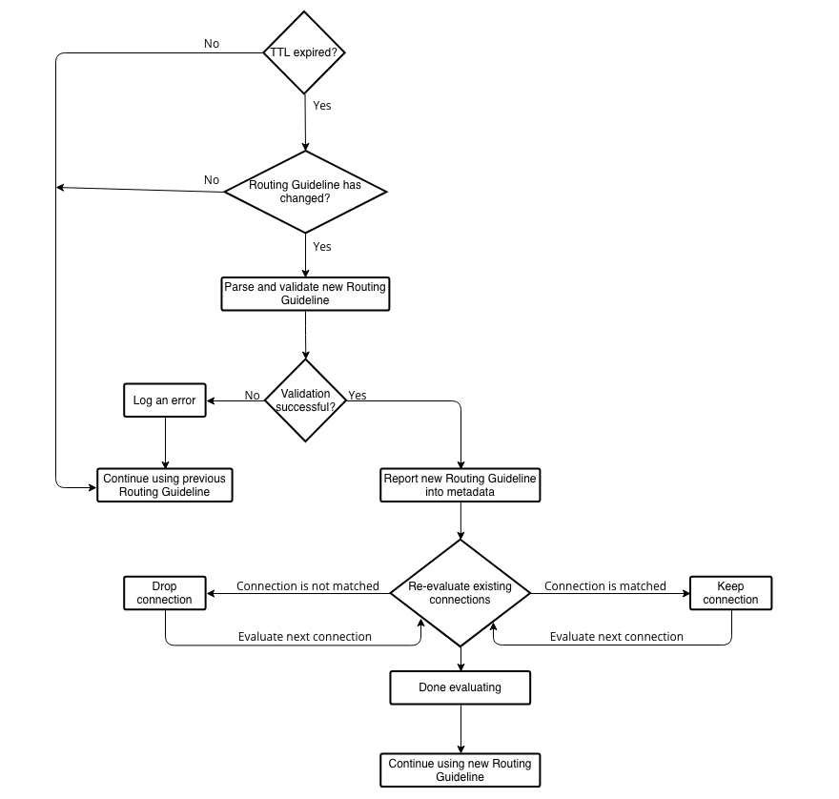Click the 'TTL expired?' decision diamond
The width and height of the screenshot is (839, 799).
304,52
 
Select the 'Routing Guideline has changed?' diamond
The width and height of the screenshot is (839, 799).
305,192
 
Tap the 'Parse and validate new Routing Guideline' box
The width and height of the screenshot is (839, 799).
305,294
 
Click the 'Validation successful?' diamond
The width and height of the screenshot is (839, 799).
305,400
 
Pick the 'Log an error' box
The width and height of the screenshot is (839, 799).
165,400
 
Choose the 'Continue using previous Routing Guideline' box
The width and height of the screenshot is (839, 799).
165,485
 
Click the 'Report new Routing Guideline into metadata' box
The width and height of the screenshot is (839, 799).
460,484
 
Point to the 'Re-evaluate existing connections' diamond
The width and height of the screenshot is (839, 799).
460,593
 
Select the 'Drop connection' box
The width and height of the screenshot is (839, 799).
165,593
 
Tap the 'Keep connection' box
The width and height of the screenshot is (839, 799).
730,593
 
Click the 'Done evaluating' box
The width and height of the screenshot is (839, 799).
460,686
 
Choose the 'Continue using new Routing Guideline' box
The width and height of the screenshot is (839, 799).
460,770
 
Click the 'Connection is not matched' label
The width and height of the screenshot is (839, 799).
308,586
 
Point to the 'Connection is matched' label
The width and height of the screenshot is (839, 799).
605,586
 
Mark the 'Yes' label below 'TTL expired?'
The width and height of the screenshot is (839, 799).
322,106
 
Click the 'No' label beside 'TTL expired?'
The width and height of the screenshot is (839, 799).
212,44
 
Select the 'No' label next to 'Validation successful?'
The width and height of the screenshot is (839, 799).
252,396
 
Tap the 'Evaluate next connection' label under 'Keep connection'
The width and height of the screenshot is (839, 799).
617,637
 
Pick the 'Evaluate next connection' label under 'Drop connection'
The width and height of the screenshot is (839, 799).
305,637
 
